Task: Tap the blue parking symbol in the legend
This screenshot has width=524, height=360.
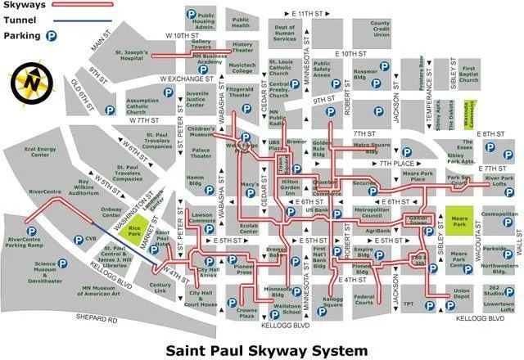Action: tap(52, 36)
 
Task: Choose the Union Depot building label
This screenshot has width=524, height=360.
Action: tap(461, 294)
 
